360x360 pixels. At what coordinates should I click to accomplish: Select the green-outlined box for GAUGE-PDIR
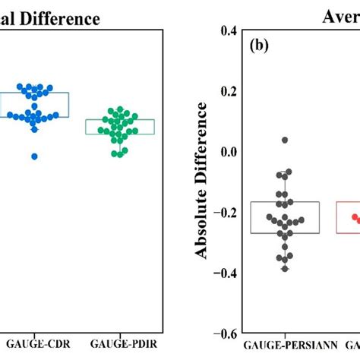coord(120,127)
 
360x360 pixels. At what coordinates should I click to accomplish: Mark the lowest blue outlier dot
coord(35,156)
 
